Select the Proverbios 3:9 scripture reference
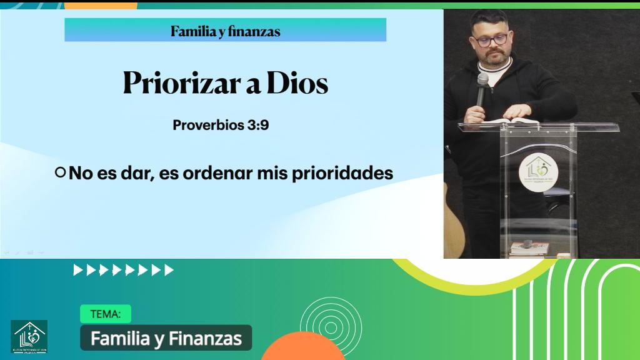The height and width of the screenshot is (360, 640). pos(221,125)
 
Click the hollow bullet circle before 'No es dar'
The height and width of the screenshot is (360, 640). pos(60,172)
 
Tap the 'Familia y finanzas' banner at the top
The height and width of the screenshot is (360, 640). pos(225,31)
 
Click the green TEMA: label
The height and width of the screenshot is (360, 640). pos(105,314)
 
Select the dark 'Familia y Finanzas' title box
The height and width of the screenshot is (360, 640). pos(166,338)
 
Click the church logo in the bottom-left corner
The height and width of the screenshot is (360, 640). pos(29,337)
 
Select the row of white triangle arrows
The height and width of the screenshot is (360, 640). pos(124,270)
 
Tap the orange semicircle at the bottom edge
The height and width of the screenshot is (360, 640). pos(303,348)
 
